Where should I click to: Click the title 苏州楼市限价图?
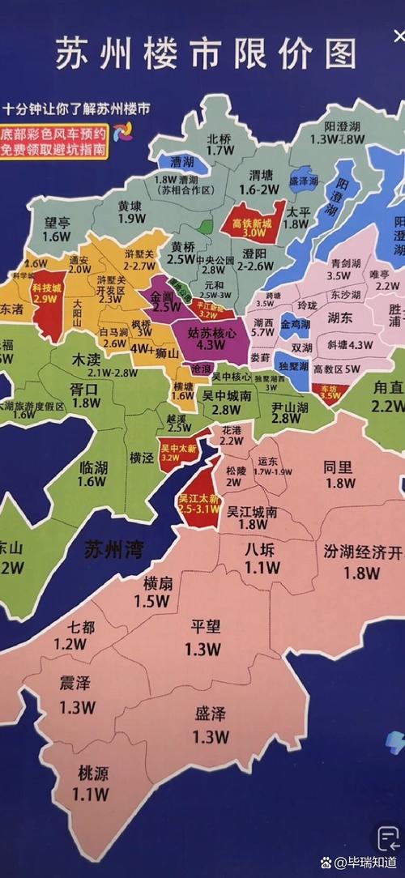coord(206,53)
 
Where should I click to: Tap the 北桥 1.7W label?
coord(220,143)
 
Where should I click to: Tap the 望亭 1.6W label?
coord(58,228)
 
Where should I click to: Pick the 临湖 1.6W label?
coord(93,474)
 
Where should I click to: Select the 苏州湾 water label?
coord(113,551)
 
